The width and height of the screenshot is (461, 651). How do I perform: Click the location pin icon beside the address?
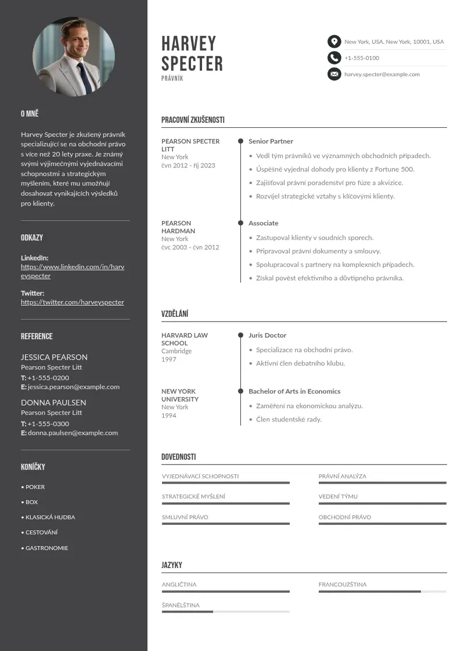[x=334, y=41]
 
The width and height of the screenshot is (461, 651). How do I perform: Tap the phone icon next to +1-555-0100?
[x=334, y=58]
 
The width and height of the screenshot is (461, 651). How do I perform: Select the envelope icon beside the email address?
[x=334, y=74]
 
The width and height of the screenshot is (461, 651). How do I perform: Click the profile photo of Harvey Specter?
[x=74, y=56]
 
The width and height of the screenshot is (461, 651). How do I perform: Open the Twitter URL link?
[x=73, y=302]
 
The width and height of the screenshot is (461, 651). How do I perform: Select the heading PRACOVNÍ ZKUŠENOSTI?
[x=193, y=120]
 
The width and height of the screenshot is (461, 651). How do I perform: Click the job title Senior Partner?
[x=271, y=141]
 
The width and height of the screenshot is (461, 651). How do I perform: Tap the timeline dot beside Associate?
[x=240, y=223]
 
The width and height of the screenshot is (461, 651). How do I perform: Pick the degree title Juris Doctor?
[x=267, y=335]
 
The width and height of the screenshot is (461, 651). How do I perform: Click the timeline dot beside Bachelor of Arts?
[x=240, y=391]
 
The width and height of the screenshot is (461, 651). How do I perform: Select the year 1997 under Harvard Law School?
[x=168, y=359]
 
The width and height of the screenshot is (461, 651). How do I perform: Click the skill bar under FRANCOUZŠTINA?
[x=382, y=592]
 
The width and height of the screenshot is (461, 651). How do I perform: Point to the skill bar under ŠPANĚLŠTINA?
[x=225, y=611]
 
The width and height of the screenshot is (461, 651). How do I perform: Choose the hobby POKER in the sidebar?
[x=35, y=487]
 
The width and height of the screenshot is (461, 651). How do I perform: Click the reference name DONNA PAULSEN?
[x=53, y=402]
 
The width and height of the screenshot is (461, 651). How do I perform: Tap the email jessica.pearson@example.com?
[x=74, y=387]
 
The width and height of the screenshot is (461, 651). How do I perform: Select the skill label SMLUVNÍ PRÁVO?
[x=185, y=517]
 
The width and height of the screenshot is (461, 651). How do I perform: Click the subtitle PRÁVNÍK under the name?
[x=172, y=78]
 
